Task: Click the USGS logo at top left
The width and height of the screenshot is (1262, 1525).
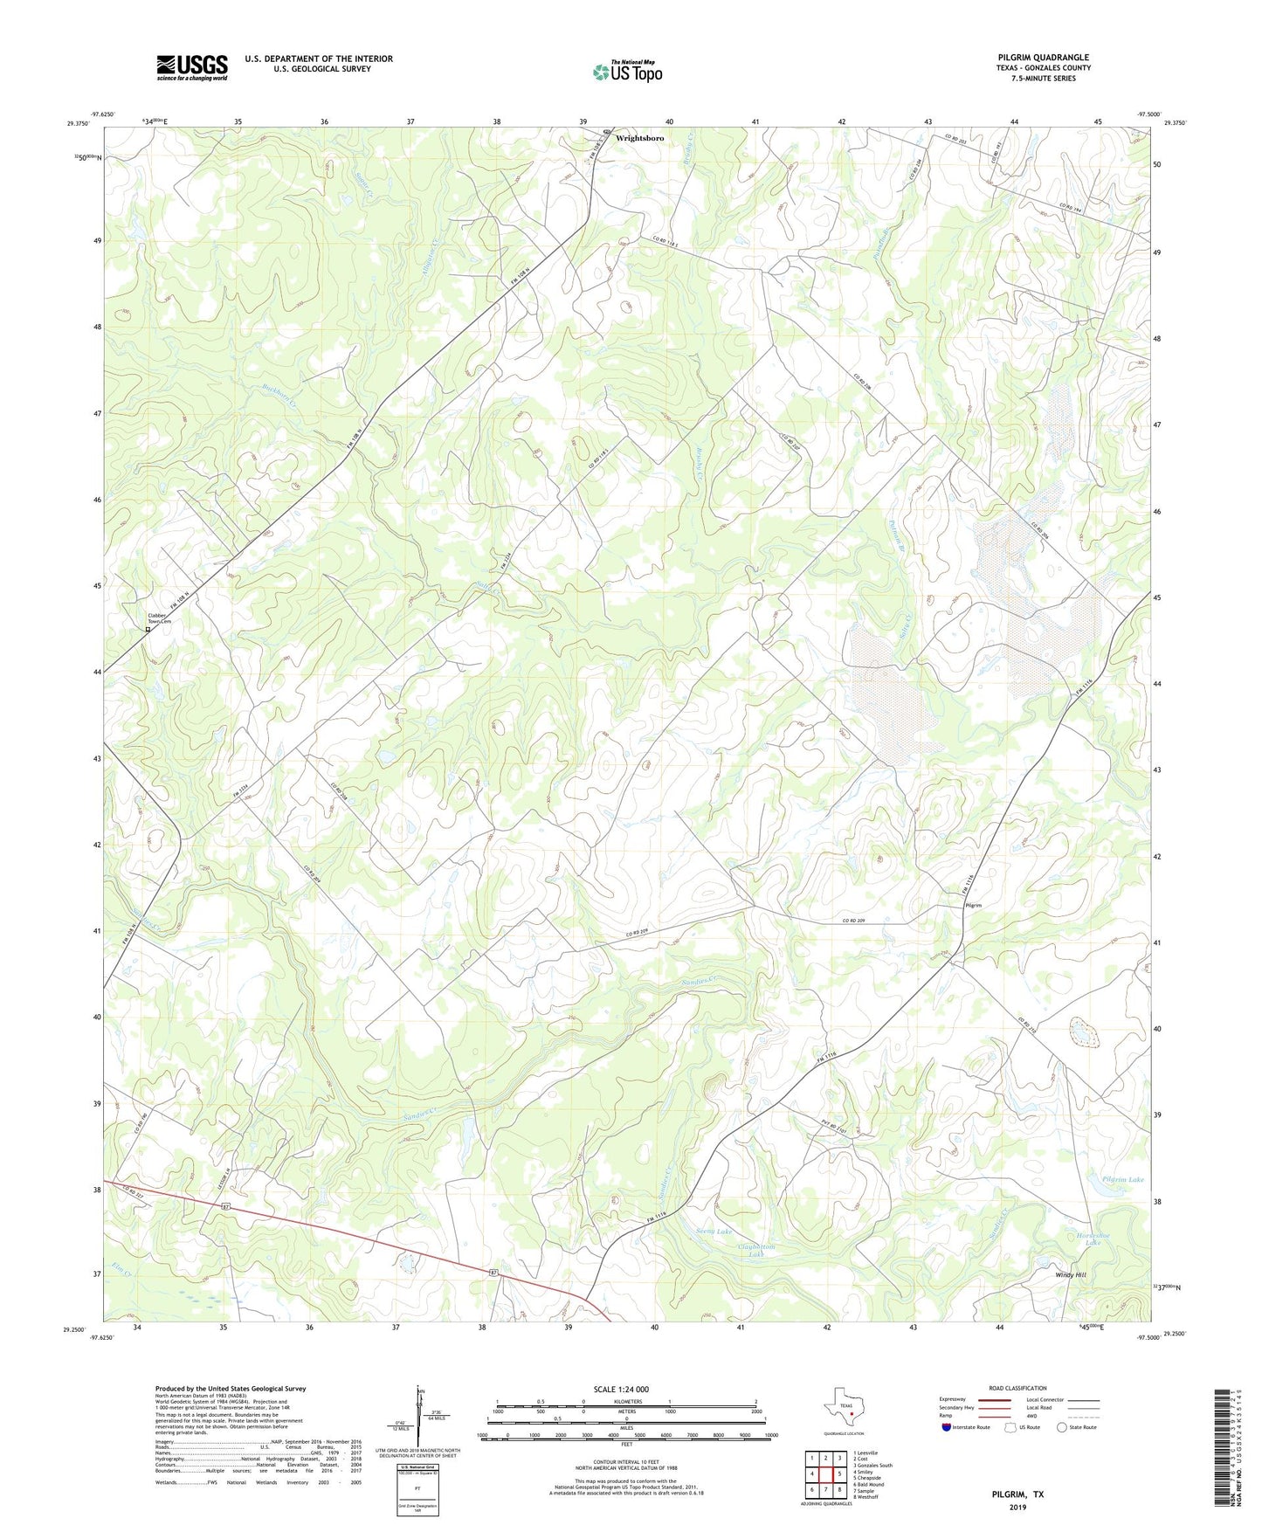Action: tap(191, 67)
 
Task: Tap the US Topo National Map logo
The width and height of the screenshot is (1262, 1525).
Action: tap(626, 72)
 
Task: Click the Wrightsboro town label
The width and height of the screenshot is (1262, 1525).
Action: tap(639, 138)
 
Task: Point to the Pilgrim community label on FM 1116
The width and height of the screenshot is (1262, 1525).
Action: tap(973, 906)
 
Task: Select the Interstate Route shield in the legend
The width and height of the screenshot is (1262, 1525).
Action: tap(947, 1427)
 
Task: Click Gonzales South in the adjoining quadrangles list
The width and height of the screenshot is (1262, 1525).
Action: tap(872, 1465)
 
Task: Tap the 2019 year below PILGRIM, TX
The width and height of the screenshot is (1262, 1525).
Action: tap(1017, 1507)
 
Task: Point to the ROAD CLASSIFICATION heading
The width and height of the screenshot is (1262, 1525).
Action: tap(1017, 1388)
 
